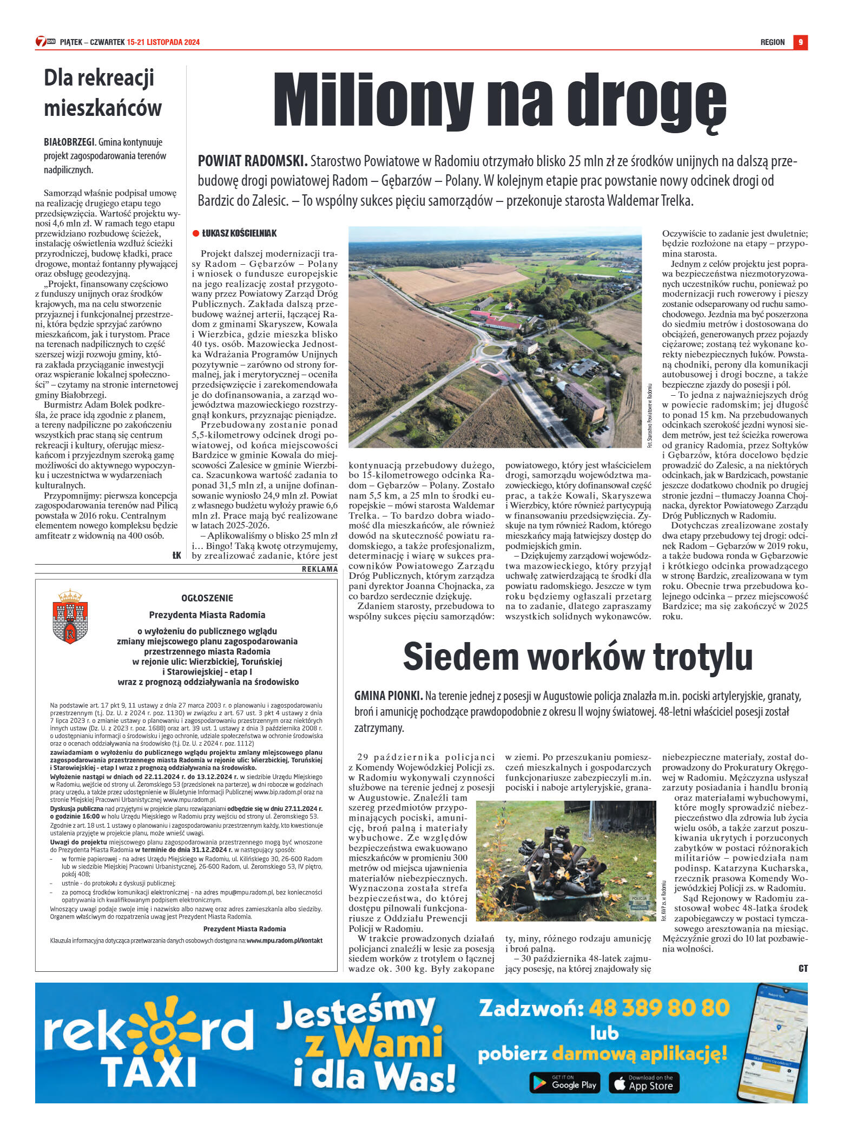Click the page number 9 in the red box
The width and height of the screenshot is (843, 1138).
(800, 42)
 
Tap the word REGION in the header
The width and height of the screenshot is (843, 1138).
(772, 42)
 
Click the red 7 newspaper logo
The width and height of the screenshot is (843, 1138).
(42, 42)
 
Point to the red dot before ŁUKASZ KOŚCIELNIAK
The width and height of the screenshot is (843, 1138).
(196, 233)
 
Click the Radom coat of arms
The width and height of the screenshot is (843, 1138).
(70, 617)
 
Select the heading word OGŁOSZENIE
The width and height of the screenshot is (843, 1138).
(207, 598)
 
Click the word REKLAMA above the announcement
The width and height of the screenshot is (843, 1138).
(319, 569)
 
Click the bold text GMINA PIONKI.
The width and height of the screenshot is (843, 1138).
(388, 696)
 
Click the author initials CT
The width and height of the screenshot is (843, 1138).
(803, 969)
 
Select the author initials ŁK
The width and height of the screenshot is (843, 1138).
(176, 555)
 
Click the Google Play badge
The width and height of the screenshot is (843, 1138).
(564, 1082)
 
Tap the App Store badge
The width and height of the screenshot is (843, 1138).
(644, 1082)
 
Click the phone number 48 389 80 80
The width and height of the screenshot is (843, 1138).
(658, 1008)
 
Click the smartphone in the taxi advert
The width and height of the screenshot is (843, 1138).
(774, 1041)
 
